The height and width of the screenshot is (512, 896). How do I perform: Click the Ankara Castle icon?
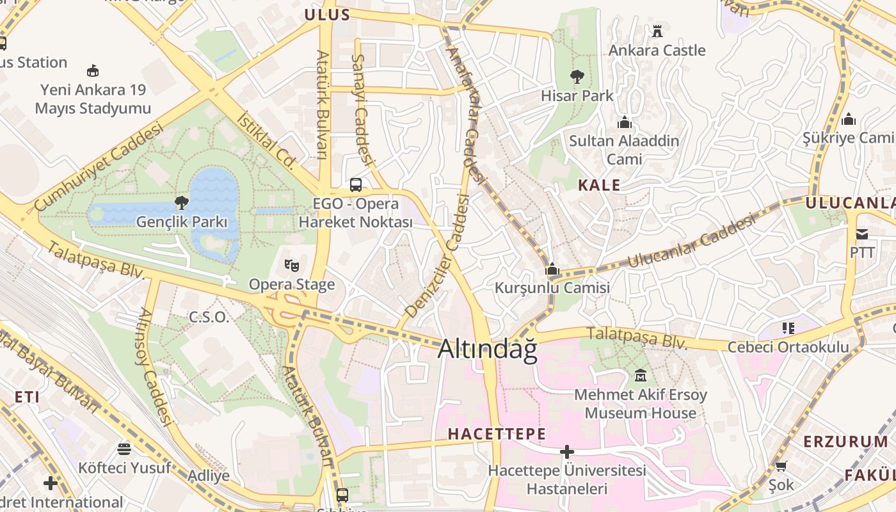coord(657,31)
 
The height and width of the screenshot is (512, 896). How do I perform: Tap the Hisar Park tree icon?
coord(577,77)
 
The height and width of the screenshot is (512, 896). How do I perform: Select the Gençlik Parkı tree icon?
coord(182,204)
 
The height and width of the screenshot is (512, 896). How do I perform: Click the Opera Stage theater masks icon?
coord(292,265)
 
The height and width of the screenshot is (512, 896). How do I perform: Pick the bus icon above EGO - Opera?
coord(356,185)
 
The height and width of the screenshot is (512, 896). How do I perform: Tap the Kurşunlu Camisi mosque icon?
coord(552,269)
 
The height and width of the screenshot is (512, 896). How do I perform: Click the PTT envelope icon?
coord(862,234)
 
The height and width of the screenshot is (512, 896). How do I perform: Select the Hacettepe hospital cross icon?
coord(566,452)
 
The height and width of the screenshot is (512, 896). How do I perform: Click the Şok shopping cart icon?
coord(781,466)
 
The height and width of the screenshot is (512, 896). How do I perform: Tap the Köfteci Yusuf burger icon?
coord(124,449)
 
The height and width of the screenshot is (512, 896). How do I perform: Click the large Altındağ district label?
coord(488,349)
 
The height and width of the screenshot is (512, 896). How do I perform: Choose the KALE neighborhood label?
coord(599,186)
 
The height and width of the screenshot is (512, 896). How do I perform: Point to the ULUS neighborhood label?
coord(327,15)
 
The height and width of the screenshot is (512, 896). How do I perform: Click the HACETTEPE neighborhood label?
coord(497,434)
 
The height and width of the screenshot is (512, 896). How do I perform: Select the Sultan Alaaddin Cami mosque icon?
coord(624,122)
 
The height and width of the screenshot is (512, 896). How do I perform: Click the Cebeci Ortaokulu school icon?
coord(788,328)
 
